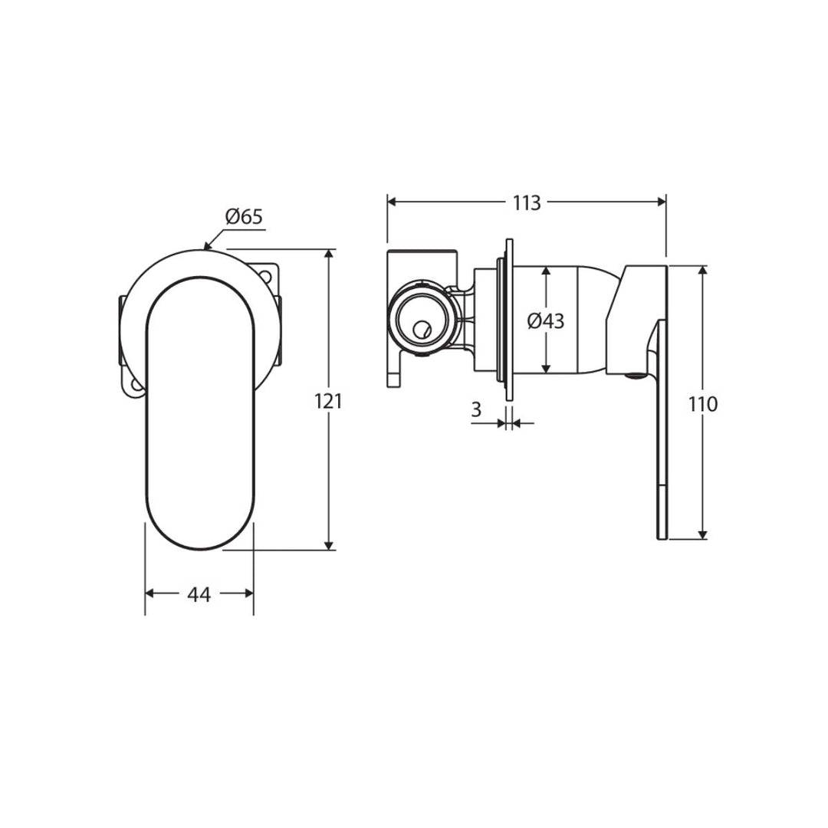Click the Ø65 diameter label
(244, 216)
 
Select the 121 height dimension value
(328, 402)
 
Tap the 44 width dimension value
(199, 595)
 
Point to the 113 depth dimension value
(527, 202)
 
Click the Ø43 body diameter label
(546, 321)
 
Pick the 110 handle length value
(703, 405)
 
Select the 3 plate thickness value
(476, 409)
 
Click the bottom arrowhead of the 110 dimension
(702, 534)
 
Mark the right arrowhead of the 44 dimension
(248, 593)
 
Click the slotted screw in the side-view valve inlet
(422, 330)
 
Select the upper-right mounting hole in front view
(265, 275)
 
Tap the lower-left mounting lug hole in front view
(136, 386)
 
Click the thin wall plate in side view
(509, 319)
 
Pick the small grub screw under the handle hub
(634, 376)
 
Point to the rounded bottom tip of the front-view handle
(199, 549)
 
